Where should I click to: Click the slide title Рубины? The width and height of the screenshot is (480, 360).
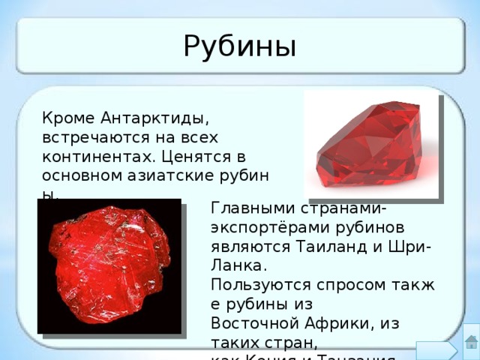[239, 46]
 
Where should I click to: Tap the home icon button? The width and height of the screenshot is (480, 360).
[470, 343]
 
